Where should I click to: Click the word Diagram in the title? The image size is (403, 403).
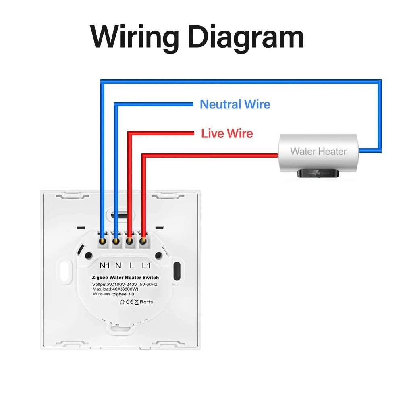pos(246,37)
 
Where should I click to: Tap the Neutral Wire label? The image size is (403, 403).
pos(235,104)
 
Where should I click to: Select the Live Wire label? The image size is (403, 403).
pos(227,133)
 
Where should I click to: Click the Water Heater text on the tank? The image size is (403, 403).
pos(318,152)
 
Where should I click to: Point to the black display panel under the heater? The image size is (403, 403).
pos(318,173)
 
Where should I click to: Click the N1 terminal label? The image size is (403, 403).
pos(105,266)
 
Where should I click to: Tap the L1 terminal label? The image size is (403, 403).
pos(146,266)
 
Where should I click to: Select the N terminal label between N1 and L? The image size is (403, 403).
pos(118,266)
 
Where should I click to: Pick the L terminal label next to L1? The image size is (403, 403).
pos(132,266)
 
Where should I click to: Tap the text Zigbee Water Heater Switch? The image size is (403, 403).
pos(125,278)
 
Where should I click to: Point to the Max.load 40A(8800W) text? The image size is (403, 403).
pos(116,289)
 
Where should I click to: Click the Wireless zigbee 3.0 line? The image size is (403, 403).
pos(114,294)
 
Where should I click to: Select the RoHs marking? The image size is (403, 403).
pos(146,302)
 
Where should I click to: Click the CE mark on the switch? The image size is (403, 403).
pos(130,302)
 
